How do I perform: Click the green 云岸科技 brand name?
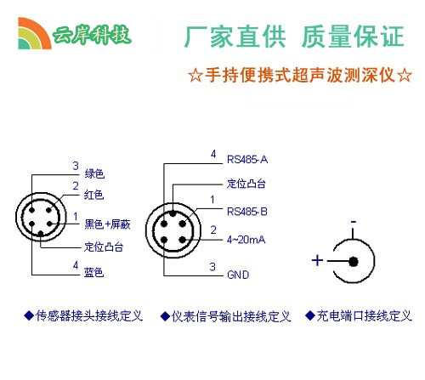(92, 35)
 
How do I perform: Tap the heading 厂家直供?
(235, 37)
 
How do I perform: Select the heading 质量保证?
(353, 37)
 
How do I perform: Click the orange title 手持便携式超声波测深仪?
(300, 75)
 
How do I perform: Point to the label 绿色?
(94, 173)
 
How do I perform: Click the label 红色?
(93, 195)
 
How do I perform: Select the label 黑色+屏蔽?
(107, 224)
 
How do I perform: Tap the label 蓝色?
(93, 272)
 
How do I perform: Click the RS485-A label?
(247, 160)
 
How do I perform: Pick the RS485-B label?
(247, 212)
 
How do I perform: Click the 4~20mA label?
(246, 240)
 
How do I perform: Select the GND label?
(238, 275)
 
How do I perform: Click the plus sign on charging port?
(317, 260)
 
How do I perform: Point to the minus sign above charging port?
(353, 222)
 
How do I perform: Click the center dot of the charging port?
(354, 262)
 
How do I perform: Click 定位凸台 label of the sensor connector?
(104, 247)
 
